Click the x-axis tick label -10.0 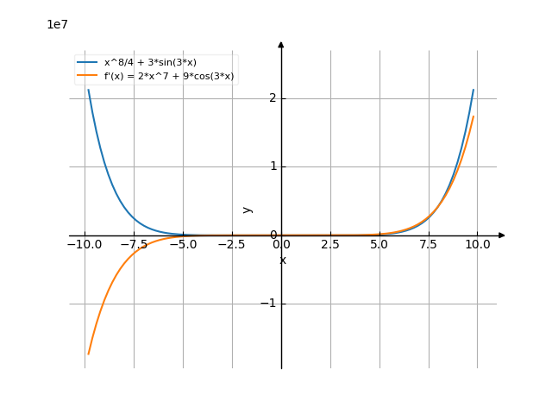85,244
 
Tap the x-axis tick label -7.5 134,244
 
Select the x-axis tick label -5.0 183,244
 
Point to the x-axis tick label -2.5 232,244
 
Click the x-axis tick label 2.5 330,244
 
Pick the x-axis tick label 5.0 379,244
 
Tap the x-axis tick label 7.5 429,244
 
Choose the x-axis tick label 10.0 478,244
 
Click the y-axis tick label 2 273,97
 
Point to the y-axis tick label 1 273,166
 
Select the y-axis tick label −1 269,304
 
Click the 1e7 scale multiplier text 57,24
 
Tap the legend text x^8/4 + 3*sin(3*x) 150,63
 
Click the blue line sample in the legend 86,63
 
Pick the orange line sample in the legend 86,77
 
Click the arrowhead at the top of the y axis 281,43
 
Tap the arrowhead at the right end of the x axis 502,235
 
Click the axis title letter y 248,209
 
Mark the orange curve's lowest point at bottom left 87,354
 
